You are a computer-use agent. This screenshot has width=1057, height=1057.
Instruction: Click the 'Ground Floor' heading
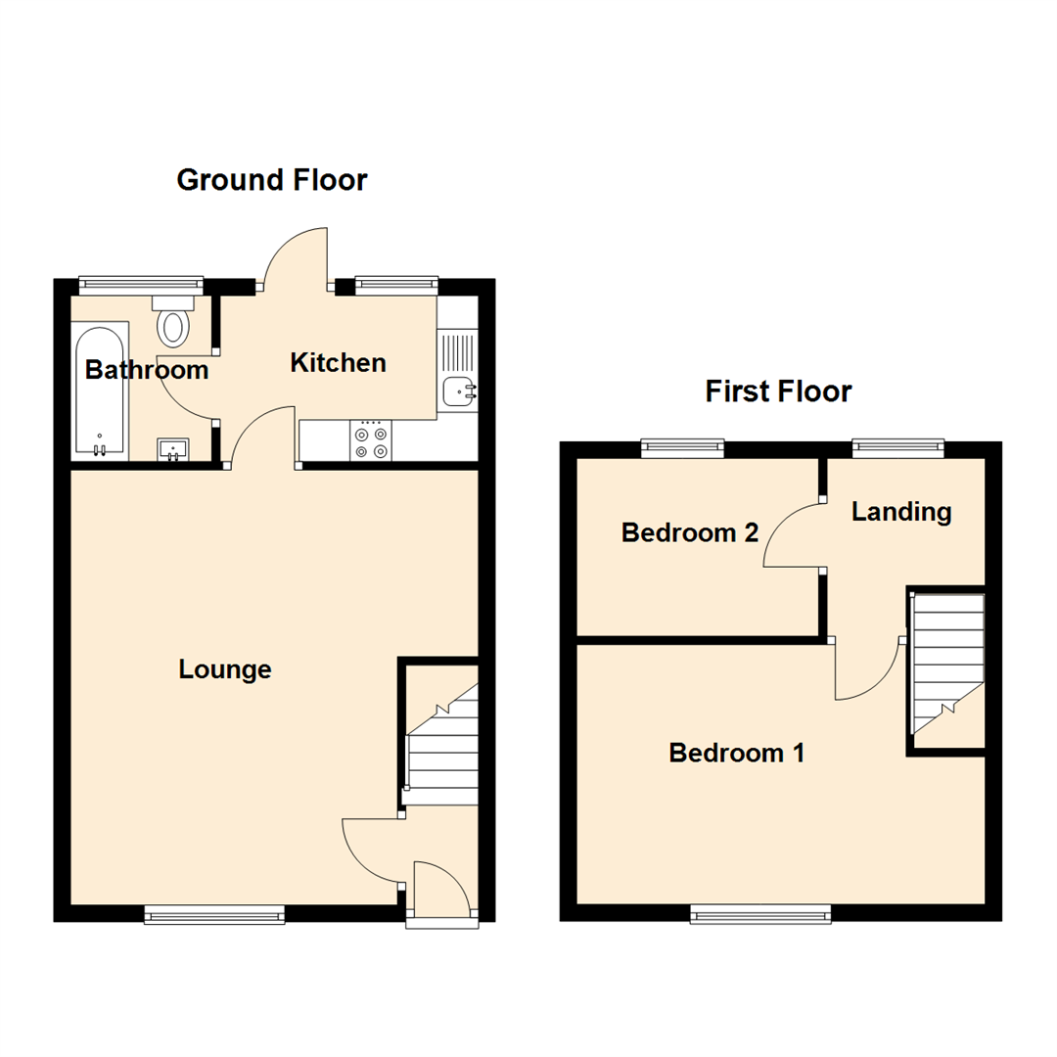point(271,180)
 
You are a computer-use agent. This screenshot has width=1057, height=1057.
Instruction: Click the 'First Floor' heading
point(778,391)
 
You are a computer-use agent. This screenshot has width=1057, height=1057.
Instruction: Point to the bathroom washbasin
point(174,449)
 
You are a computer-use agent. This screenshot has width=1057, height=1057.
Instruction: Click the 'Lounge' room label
point(224,669)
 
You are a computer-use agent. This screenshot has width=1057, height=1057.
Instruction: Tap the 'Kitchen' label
point(339,363)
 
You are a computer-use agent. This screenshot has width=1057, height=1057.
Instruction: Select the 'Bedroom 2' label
point(690,533)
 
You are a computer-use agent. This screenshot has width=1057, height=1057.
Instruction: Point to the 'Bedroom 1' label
point(737,753)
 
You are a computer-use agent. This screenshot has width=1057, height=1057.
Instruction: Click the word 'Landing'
point(900,511)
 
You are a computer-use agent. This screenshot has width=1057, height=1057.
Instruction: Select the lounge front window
point(214,914)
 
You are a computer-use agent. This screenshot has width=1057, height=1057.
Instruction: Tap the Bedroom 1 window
point(760,914)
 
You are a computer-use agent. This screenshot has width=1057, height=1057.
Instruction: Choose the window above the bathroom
point(141,285)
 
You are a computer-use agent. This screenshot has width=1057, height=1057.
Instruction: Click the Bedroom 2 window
point(683,449)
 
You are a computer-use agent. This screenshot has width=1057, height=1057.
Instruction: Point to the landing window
point(897,449)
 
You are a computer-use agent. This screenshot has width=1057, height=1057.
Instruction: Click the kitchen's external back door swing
point(299,256)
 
